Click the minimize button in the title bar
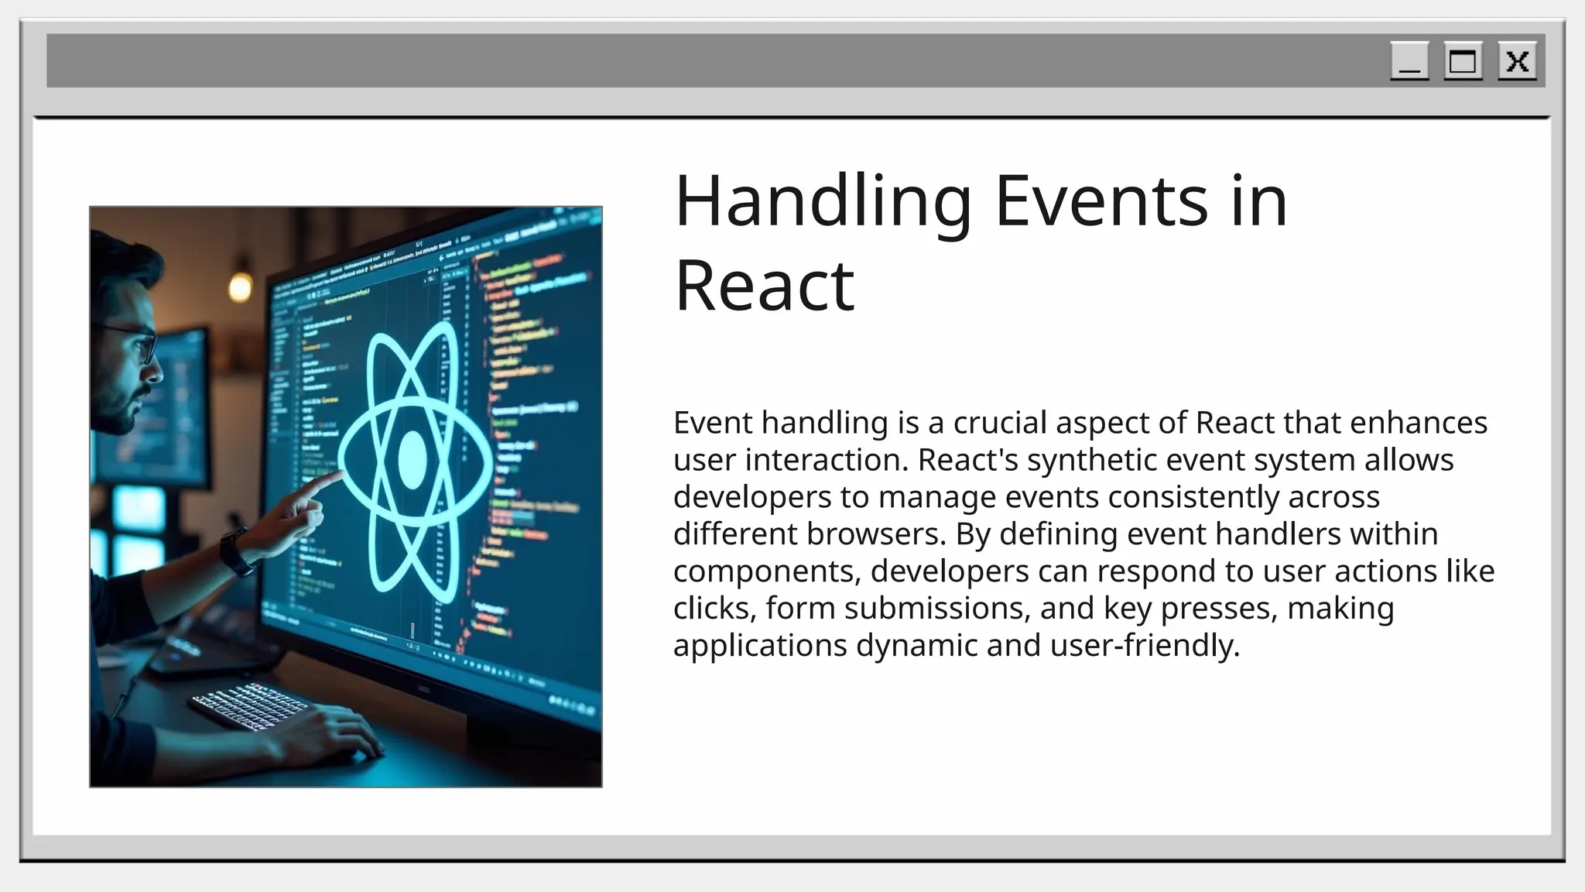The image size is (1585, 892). [x=1409, y=61]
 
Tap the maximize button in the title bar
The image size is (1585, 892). [x=1463, y=61]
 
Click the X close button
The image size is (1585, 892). [x=1517, y=61]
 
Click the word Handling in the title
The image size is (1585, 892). [x=823, y=202]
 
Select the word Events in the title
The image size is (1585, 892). [x=1101, y=202]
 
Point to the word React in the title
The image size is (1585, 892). [x=764, y=286]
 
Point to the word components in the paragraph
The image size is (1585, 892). [x=767, y=571]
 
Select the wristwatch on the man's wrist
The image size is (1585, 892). [x=236, y=552]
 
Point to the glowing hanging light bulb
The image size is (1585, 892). [x=241, y=287]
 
